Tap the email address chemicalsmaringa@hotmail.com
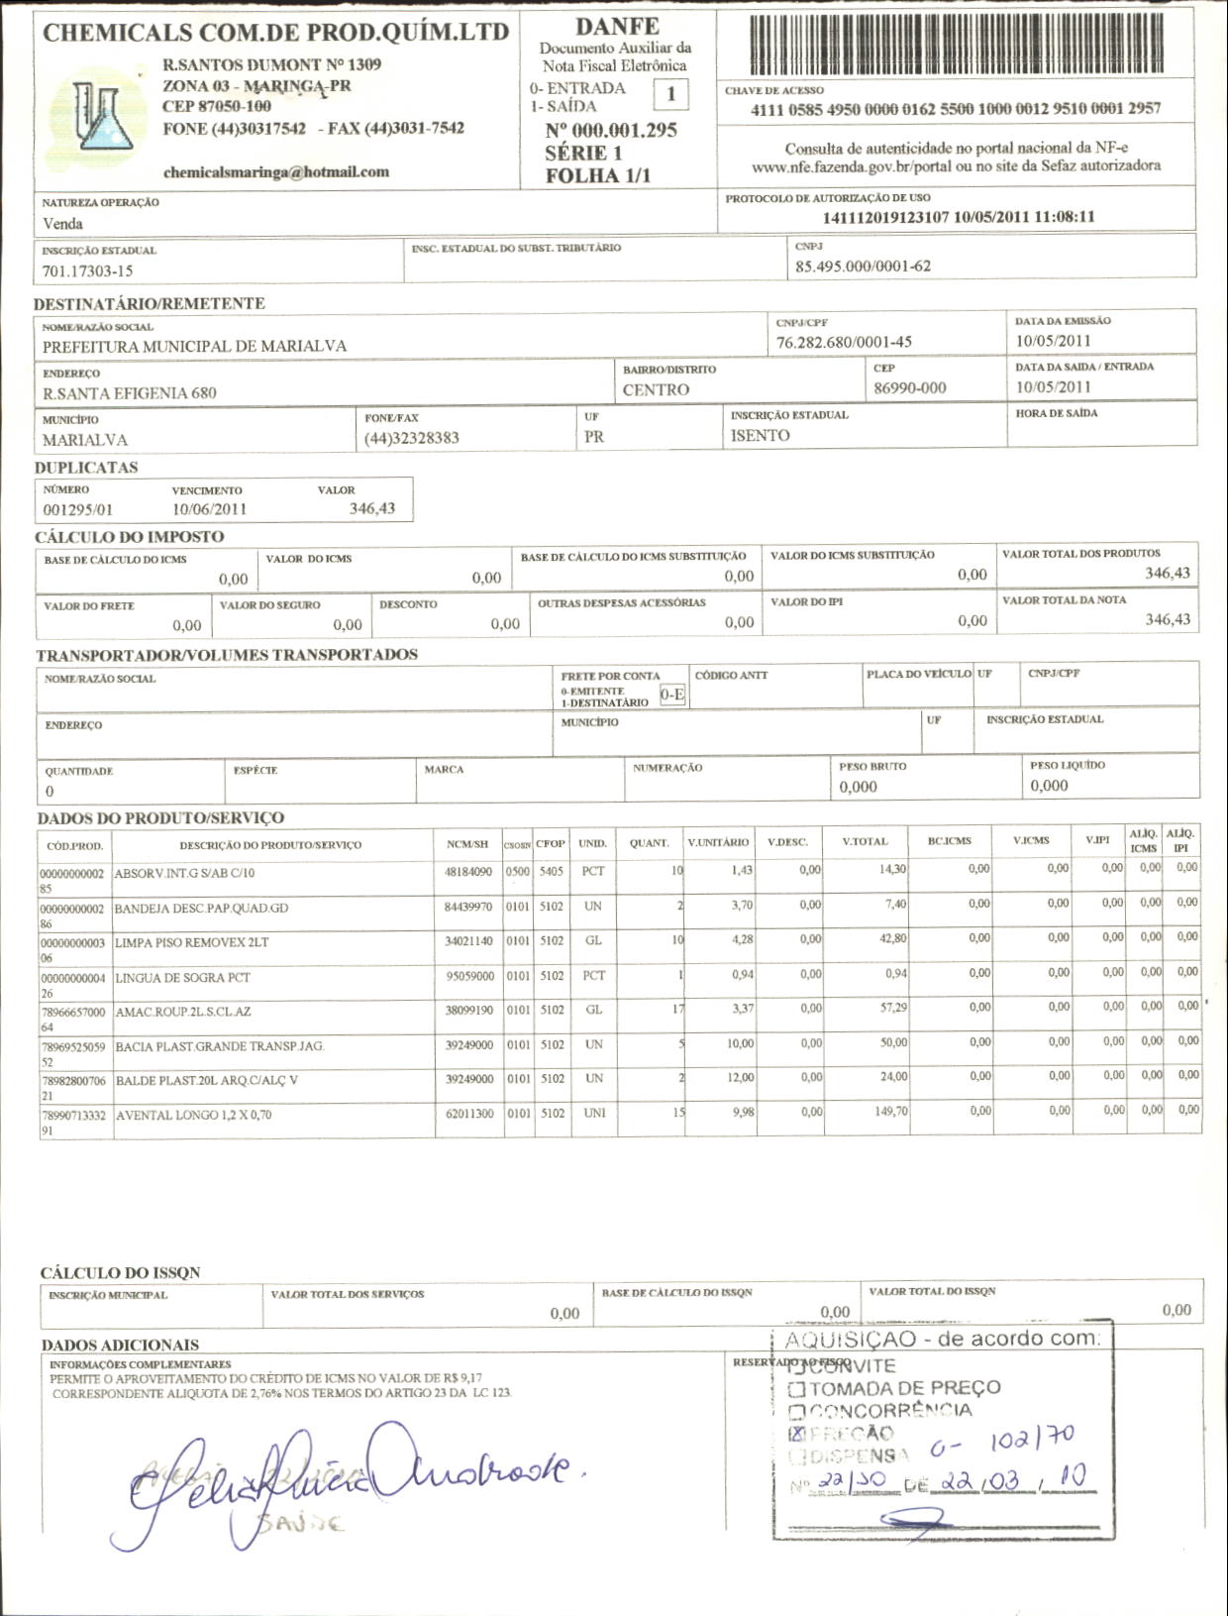(x=275, y=171)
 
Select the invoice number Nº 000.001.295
(x=610, y=131)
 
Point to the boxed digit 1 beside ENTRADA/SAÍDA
(x=671, y=94)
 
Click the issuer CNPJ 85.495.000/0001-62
(x=863, y=266)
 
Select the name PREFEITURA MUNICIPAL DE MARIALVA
(x=194, y=346)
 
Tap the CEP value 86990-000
(x=909, y=387)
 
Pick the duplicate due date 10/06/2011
(x=209, y=509)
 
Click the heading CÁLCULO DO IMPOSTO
(x=129, y=537)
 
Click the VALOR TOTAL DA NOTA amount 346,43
(x=1168, y=619)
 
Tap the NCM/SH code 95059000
(x=468, y=976)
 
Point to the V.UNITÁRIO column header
(x=718, y=842)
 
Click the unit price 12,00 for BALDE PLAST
(x=740, y=1077)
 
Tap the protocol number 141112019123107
(x=885, y=217)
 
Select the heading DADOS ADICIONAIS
(x=120, y=1345)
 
